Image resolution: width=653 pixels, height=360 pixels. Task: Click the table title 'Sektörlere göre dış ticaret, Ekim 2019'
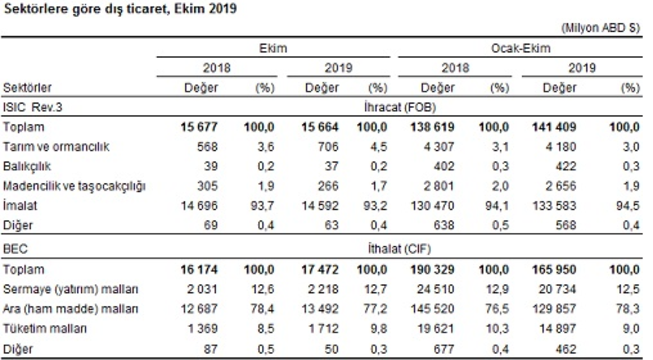coord(120,9)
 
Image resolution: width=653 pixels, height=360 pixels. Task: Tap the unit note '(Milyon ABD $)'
coord(600,28)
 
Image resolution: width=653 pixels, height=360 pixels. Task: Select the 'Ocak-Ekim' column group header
coord(521,48)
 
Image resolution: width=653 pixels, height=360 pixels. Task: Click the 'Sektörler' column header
coord(27,88)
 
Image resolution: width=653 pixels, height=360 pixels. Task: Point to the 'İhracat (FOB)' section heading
coord(400,108)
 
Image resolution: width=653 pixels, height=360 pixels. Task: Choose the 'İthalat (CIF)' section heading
coord(399,249)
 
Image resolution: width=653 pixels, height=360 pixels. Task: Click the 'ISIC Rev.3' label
coord(32,108)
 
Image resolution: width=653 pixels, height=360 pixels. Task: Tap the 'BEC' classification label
coord(15,249)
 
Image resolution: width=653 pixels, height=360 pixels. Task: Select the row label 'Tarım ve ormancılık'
coord(56,147)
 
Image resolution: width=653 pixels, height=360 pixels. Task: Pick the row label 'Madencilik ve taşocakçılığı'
coord(74,186)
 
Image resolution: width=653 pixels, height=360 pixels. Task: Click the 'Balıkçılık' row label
coord(27,166)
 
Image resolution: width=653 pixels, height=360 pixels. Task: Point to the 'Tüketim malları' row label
coord(45,328)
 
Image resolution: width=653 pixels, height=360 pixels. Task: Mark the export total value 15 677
coord(199,127)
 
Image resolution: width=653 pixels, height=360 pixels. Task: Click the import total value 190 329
coord(432,269)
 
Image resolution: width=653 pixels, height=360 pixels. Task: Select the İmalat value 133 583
coord(554,205)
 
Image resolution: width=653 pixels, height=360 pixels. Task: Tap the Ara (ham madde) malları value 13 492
coord(320,309)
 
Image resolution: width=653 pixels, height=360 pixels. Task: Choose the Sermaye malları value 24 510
coord(435,289)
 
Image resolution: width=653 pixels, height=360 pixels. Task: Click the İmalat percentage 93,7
coord(262,205)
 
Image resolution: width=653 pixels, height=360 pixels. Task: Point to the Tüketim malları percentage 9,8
coord(378,328)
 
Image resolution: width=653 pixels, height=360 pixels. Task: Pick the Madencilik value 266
coord(328,186)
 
